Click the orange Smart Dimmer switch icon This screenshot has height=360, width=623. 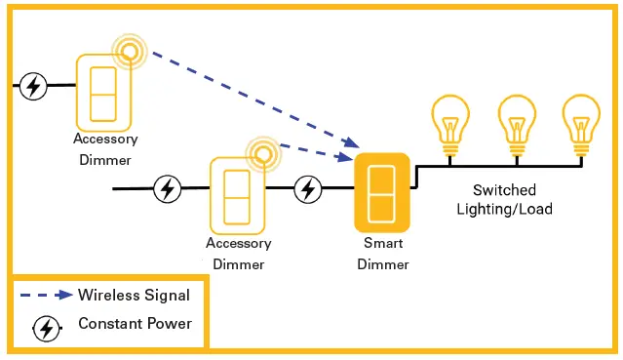[x=382, y=191]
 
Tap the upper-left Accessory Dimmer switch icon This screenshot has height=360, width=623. [x=103, y=92]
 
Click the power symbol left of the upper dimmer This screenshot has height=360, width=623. [x=34, y=86]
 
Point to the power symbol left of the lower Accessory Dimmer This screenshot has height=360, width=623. [x=168, y=188]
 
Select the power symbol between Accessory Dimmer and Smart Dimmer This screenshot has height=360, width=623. [x=308, y=188]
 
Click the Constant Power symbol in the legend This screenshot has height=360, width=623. [x=46, y=330]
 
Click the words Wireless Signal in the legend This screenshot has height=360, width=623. [x=135, y=295]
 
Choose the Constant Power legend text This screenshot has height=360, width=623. [x=135, y=324]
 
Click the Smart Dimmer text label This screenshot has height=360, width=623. [x=383, y=254]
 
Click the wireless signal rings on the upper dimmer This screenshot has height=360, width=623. [x=129, y=51]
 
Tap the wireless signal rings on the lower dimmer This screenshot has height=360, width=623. [x=261, y=152]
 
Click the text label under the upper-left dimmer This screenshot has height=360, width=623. [x=104, y=149]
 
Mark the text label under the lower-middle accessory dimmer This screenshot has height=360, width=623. [x=238, y=254]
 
